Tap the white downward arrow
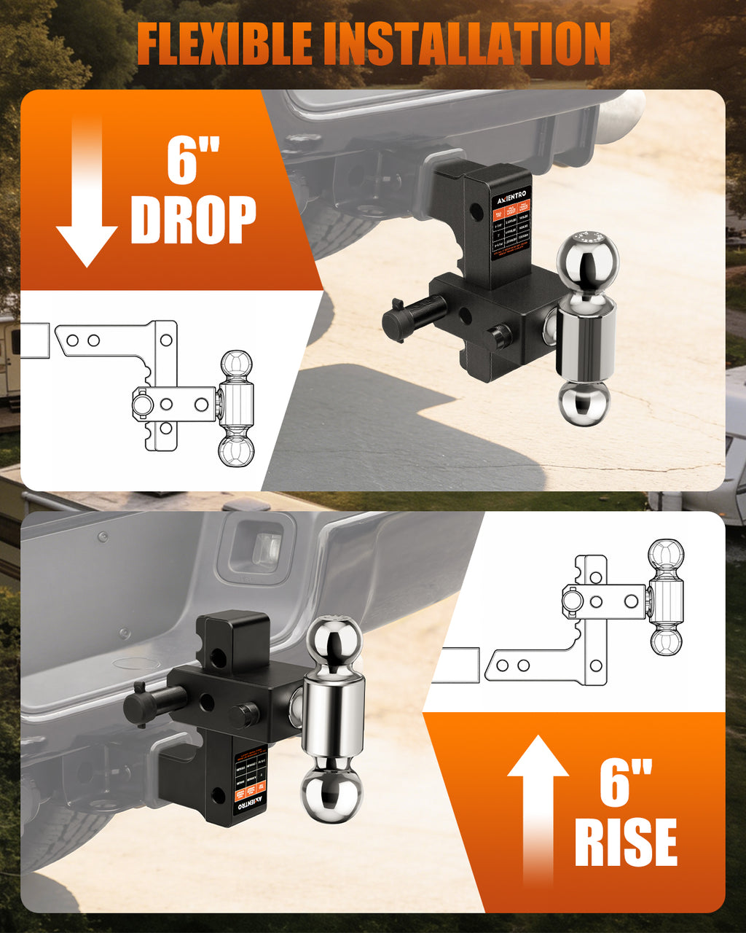(x=87, y=197)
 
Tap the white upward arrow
(x=538, y=809)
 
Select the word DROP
(x=193, y=218)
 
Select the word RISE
(x=625, y=841)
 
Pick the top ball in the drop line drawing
(x=236, y=364)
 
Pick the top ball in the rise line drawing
(x=666, y=554)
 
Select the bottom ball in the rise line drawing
(x=666, y=641)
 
